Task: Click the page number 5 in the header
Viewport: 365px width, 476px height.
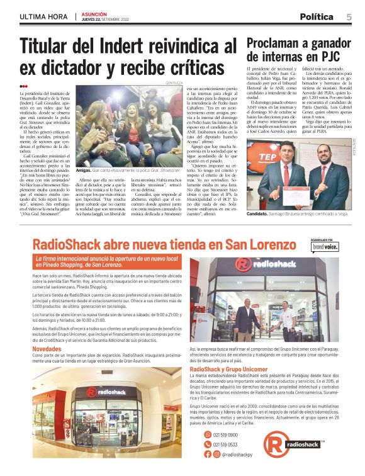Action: (349, 17)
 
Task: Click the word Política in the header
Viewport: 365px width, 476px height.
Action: (317, 17)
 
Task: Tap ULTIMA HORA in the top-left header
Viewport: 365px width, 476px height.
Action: (44, 16)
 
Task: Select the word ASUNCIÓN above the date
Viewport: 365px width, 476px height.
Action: (94, 13)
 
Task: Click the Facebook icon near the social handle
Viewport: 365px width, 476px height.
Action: (208, 454)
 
